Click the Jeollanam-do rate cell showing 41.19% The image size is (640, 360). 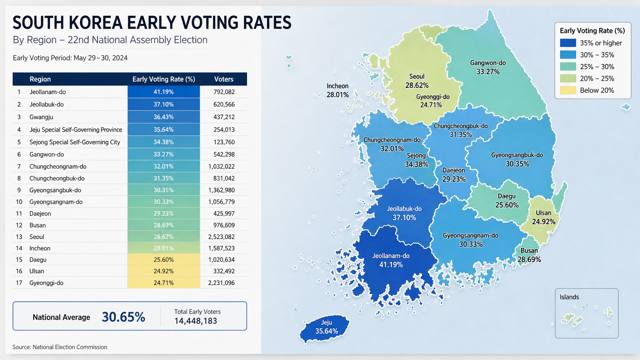pos(163,92)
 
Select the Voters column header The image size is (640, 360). pos(224,79)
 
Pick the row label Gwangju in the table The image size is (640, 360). pos(41,117)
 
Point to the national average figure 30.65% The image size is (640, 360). pos(123,317)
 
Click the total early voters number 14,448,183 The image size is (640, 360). pos(196,321)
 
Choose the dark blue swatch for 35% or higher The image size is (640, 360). pos(568,43)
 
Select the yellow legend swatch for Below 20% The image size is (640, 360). pos(568,90)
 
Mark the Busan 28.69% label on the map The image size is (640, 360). pos(529,255)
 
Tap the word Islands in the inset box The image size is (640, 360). pos(569,297)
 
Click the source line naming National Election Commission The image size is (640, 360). pos(60,347)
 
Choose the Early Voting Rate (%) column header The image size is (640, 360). pos(164,79)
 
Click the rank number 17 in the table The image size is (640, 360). pos(19,283)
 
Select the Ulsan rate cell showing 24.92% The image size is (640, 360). pos(163,271)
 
